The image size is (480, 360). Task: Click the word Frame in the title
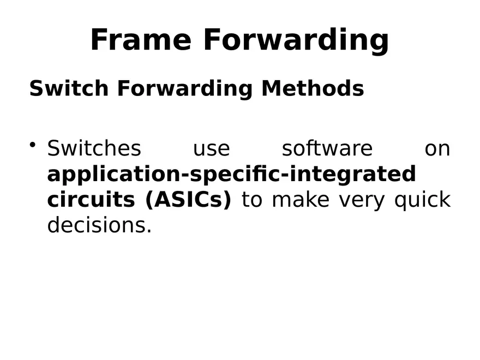click(x=141, y=40)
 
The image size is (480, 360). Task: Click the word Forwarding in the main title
click(x=296, y=41)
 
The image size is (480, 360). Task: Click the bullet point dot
click(x=33, y=145)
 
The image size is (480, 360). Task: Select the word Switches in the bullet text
click(x=94, y=148)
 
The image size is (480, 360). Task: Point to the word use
click(x=212, y=148)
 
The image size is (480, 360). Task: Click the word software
click(x=327, y=148)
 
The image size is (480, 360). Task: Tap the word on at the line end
click(x=437, y=148)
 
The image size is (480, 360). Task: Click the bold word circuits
click(x=91, y=200)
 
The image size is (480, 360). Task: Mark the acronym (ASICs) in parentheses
click(x=188, y=200)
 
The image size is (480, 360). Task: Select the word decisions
click(x=99, y=225)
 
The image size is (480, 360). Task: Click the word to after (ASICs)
click(x=252, y=200)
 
